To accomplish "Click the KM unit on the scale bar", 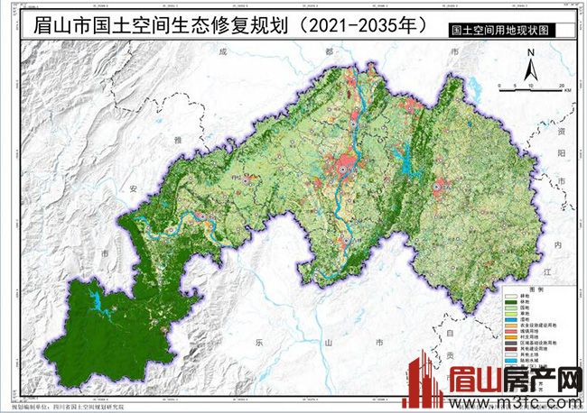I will [563, 92].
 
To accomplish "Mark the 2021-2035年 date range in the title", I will [361, 24].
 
